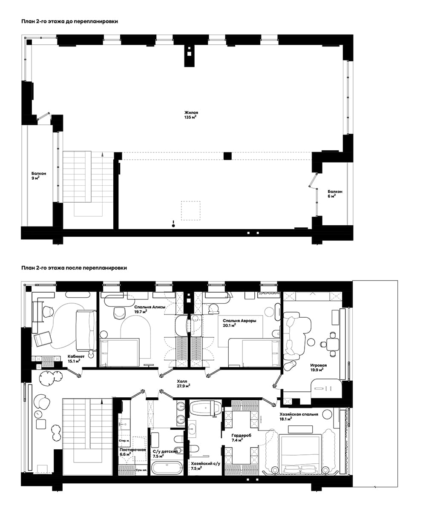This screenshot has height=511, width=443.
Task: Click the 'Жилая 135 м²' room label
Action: pyautogui.click(x=191, y=115)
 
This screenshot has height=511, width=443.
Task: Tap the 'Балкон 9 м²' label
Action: pyautogui.click(x=39, y=176)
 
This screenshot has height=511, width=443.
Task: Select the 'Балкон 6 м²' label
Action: pyautogui.click(x=335, y=194)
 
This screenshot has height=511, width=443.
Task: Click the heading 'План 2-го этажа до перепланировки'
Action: pyautogui.click(x=69, y=22)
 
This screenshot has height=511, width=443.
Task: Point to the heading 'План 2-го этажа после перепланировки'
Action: pyautogui.click(x=74, y=268)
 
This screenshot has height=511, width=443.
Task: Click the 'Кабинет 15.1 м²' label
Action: pyautogui.click(x=76, y=359)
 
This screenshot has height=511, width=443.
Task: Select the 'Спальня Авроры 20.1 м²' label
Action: pyautogui.click(x=239, y=323)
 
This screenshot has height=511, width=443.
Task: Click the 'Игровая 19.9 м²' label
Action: pyautogui.click(x=318, y=367)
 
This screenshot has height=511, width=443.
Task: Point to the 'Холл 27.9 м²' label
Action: pyautogui.click(x=183, y=383)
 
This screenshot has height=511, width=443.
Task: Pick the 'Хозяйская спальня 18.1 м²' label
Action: pyautogui.click(x=299, y=416)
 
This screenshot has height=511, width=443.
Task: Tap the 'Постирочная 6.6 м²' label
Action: pyautogui.click(x=133, y=452)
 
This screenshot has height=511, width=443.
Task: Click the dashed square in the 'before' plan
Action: pyautogui.click(x=190, y=211)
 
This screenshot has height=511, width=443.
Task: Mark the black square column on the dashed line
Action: pyautogui.click(x=227, y=156)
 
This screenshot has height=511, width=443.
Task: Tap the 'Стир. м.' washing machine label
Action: pyautogui.click(x=124, y=441)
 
